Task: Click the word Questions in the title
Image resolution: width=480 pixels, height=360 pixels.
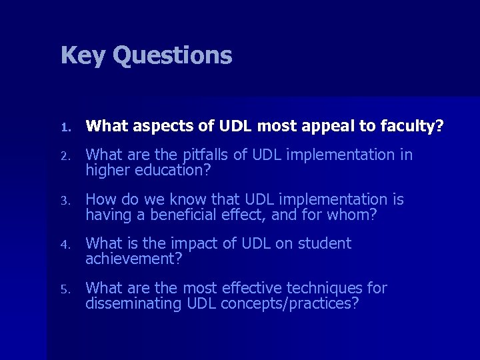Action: pyautogui.click(x=172, y=55)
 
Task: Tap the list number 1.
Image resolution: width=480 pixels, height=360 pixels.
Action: pyautogui.click(x=64, y=127)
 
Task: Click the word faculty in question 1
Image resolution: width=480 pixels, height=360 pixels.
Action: pyautogui.click(x=413, y=125)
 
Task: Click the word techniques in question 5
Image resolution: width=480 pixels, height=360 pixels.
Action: pyautogui.click(x=325, y=288)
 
